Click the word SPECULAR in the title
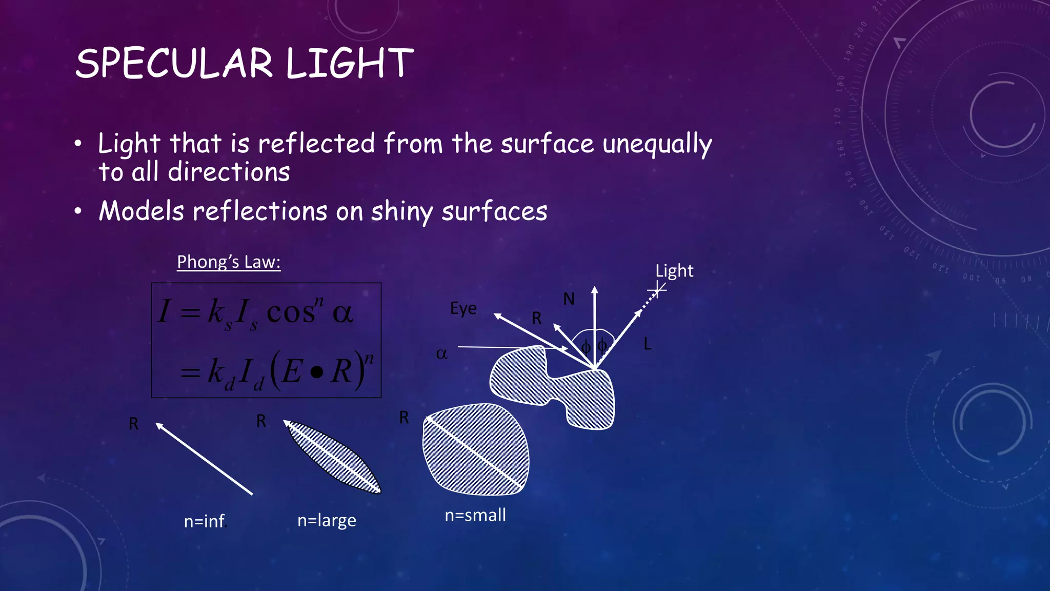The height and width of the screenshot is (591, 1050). coord(174,64)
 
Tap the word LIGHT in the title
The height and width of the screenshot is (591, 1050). coord(350,64)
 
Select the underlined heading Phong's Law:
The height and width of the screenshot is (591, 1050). coord(229,262)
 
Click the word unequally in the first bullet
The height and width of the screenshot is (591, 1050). coord(657,144)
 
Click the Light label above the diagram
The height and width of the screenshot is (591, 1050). coord(674,271)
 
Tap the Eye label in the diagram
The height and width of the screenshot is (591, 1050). coord(463,308)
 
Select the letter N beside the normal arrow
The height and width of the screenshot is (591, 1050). coord(569,299)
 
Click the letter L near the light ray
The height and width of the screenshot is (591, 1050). coord(648,344)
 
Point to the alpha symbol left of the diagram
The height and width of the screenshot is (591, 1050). coord(441,353)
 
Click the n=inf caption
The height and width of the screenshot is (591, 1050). coord(205,521)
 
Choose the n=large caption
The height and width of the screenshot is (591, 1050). coord(327,521)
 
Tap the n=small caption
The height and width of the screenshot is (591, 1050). coord(475,515)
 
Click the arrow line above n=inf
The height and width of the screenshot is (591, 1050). coord(204,459)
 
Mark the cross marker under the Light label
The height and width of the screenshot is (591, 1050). coord(657,290)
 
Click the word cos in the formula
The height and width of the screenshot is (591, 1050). coord(291,311)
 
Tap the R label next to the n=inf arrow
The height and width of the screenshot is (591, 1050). coord(133,424)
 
